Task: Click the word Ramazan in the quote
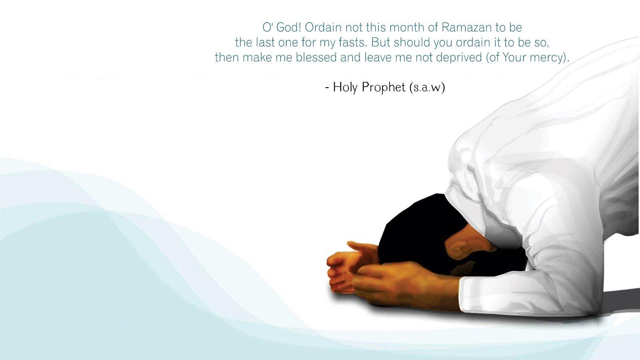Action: [466, 28]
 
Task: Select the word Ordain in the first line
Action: [323, 28]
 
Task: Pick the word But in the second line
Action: [380, 42]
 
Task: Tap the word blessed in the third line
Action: [316, 58]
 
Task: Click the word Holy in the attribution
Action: [345, 88]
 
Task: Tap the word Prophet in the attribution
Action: [384, 88]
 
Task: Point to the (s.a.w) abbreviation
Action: [427, 88]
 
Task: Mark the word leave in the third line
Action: [378, 58]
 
